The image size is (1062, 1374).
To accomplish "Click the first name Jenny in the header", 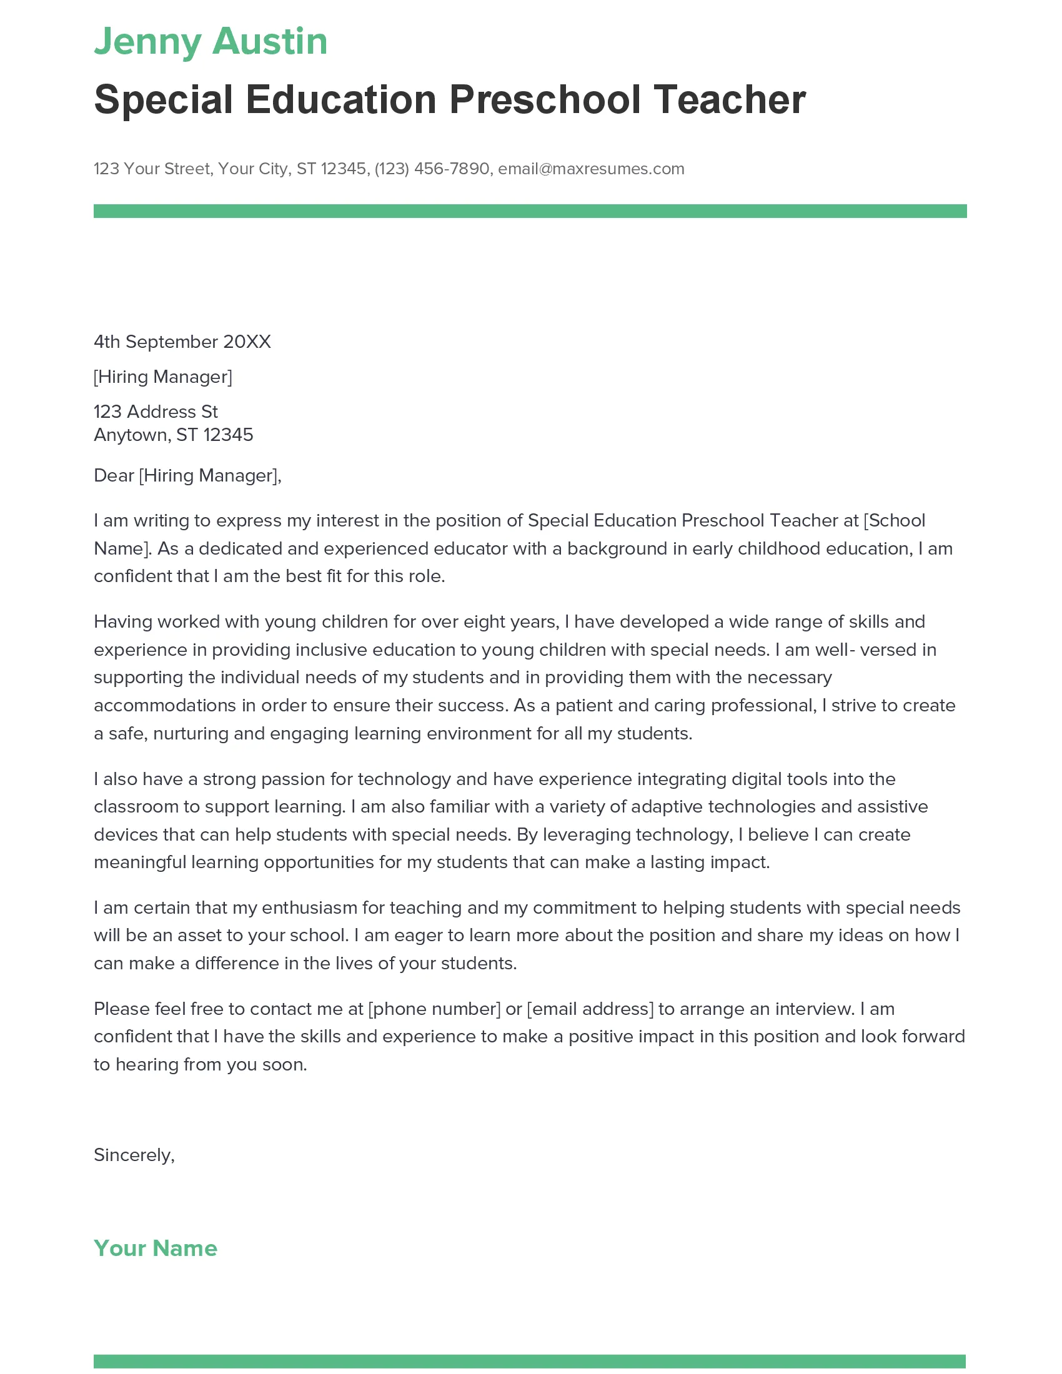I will click(x=147, y=42).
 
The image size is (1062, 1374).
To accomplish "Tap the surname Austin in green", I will click(x=270, y=42).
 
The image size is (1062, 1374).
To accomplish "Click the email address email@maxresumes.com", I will click(x=591, y=169).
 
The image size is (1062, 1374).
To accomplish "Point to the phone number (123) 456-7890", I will click(x=432, y=169).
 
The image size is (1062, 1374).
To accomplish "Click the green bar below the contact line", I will click(x=530, y=211).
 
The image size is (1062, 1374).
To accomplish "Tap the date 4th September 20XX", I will click(x=182, y=342).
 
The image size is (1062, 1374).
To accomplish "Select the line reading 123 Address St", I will click(x=156, y=412).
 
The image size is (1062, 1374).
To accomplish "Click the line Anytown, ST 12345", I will click(x=173, y=435).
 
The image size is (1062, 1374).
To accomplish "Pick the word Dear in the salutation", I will click(x=114, y=475).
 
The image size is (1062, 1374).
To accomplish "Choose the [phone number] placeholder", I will click(x=434, y=1009).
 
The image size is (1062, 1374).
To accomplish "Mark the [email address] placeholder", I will click(x=590, y=1009).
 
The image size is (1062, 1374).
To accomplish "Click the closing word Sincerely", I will click(x=132, y=1154).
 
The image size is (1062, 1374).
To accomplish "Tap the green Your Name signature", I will click(x=156, y=1248).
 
